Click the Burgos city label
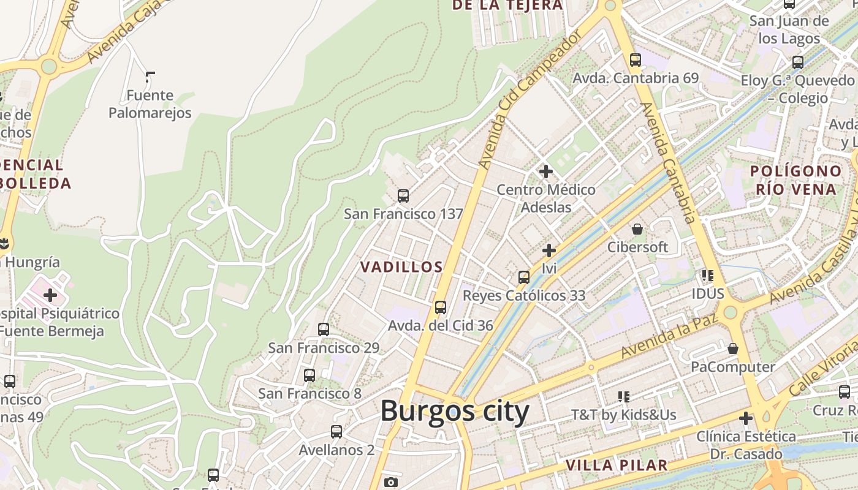[x=455, y=411]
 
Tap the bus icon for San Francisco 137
[x=403, y=196]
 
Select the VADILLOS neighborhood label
[x=401, y=267]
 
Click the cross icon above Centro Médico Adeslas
[x=545, y=171]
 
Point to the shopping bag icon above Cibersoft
[x=637, y=229]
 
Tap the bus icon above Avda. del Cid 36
[x=440, y=307]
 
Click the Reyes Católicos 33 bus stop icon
[x=523, y=277]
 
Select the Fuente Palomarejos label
[x=150, y=104]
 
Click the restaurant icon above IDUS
[x=708, y=276]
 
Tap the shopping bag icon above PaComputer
[x=732, y=349]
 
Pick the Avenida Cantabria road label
[x=669, y=163]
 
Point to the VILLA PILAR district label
[x=616, y=465]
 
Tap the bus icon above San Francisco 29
[x=324, y=330]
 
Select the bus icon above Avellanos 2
[x=336, y=432]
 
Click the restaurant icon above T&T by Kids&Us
[x=624, y=397]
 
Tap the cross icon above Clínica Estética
[x=745, y=419]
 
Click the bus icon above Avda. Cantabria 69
[x=635, y=60]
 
